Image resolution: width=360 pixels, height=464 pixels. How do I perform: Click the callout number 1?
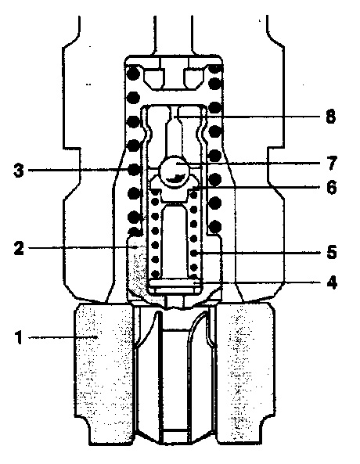(19, 337)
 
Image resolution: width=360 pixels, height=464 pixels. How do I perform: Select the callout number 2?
(19, 248)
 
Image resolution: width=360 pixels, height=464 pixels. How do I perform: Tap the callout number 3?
(19, 171)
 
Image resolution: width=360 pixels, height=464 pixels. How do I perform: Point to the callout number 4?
(332, 282)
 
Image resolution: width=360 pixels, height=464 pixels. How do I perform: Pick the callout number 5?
(332, 253)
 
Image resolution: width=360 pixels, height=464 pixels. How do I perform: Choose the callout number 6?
(332, 187)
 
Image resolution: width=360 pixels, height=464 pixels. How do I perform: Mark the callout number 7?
(332, 163)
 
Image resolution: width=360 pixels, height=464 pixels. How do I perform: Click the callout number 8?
(331, 117)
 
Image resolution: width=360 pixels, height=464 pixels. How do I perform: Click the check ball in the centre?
(174, 172)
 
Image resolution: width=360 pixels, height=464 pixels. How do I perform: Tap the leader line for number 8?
(248, 117)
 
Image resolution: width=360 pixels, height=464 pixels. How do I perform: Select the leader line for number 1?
(63, 337)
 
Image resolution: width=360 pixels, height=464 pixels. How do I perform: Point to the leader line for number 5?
(257, 253)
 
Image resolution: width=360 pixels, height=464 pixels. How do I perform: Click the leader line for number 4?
(257, 283)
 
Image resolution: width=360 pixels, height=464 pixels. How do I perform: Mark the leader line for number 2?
(82, 247)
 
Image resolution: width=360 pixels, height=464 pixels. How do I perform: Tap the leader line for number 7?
(249, 164)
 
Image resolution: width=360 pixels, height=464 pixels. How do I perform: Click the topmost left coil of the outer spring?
(133, 73)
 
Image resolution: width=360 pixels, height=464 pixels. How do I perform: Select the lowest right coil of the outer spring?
(215, 227)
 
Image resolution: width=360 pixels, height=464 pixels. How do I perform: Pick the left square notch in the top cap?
(154, 79)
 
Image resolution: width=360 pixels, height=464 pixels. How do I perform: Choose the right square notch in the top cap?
(193, 79)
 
